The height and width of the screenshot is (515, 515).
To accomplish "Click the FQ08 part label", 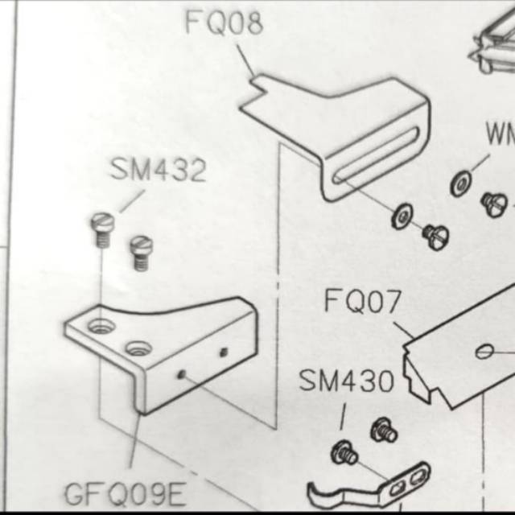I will click(224, 23).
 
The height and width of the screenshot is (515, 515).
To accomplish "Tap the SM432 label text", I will click(159, 171).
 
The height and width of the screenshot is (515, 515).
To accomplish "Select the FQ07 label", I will click(362, 302).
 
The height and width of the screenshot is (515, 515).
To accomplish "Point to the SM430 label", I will click(346, 381).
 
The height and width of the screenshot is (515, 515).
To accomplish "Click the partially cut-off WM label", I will click(499, 134).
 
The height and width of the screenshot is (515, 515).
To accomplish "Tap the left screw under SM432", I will click(101, 228).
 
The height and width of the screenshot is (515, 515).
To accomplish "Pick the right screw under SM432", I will click(142, 251).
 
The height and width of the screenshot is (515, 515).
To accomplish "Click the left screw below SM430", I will click(344, 452).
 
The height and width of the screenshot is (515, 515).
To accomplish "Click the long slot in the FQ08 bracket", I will click(378, 157).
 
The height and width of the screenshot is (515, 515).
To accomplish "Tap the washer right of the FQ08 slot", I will click(402, 216).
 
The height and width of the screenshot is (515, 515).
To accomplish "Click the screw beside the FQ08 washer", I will click(435, 236).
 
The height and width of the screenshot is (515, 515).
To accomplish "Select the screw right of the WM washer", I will click(493, 204).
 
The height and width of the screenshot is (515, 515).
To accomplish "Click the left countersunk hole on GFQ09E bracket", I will click(101, 327).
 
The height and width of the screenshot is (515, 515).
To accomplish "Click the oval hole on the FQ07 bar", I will click(484, 352).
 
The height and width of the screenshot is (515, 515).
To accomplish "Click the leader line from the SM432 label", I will click(132, 201).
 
